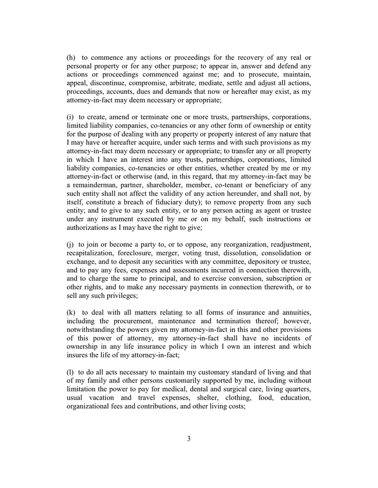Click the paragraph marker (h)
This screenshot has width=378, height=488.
point(71,58)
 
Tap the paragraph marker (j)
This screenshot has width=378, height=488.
point(70,245)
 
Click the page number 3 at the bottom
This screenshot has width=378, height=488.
point(188,439)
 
